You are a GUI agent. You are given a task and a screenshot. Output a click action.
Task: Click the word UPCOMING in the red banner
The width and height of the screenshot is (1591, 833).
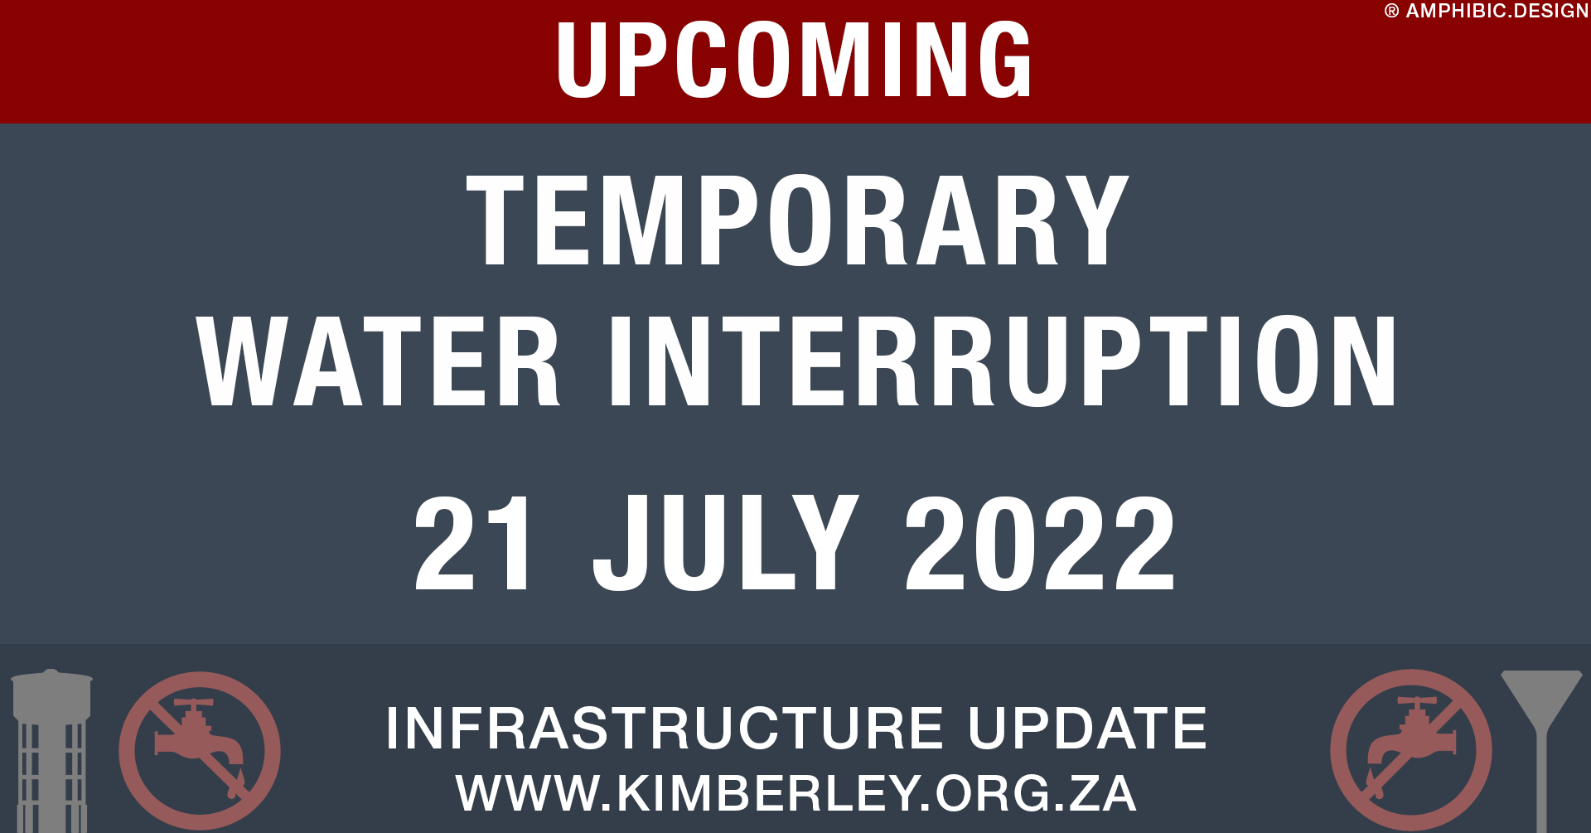click(794, 60)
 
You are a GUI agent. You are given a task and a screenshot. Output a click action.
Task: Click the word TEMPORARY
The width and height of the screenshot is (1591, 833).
click(797, 220)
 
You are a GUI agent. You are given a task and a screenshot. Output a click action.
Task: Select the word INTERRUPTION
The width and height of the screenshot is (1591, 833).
click(1003, 361)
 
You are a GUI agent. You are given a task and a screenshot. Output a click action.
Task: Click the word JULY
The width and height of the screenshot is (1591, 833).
click(726, 543)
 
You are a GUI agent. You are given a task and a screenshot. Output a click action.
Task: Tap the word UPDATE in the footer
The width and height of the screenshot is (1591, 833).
click(1086, 729)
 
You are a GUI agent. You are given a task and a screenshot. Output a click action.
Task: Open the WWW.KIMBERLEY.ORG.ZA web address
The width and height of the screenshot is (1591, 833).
click(795, 793)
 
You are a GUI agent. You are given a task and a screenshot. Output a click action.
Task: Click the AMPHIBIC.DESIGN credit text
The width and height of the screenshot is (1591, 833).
click(1497, 11)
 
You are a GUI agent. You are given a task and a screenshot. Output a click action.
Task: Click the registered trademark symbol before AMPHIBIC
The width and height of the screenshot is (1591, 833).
click(1391, 12)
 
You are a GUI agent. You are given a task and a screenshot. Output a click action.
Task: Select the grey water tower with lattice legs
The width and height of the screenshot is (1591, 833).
click(51, 750)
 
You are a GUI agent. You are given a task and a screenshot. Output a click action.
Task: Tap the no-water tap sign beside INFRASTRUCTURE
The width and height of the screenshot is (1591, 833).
click(200, 750)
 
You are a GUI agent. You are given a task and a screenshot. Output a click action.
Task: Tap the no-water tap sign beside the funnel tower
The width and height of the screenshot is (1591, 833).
click(1411, 750)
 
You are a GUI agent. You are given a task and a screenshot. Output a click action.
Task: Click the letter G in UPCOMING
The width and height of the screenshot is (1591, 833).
click(1004, 60)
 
